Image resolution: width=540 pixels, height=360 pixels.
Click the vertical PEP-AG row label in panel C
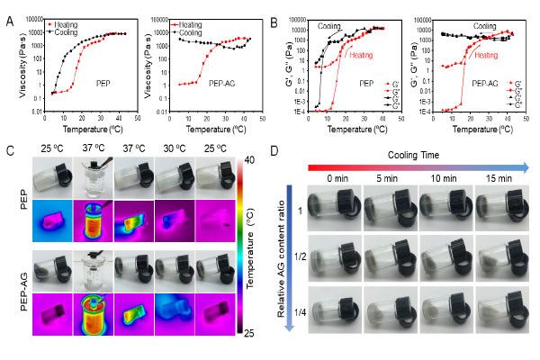click(19, 289)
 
